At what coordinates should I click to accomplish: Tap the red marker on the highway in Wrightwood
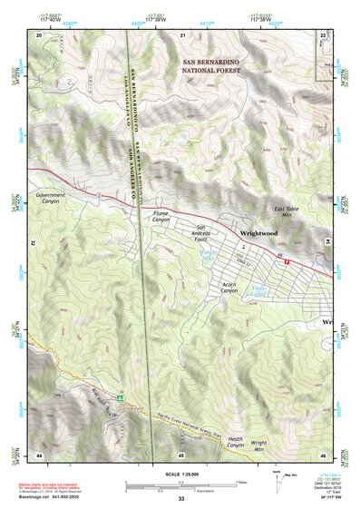pos(287,260)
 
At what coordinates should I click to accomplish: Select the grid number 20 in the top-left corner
pos(39,34)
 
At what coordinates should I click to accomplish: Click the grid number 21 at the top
pos(182,34)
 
